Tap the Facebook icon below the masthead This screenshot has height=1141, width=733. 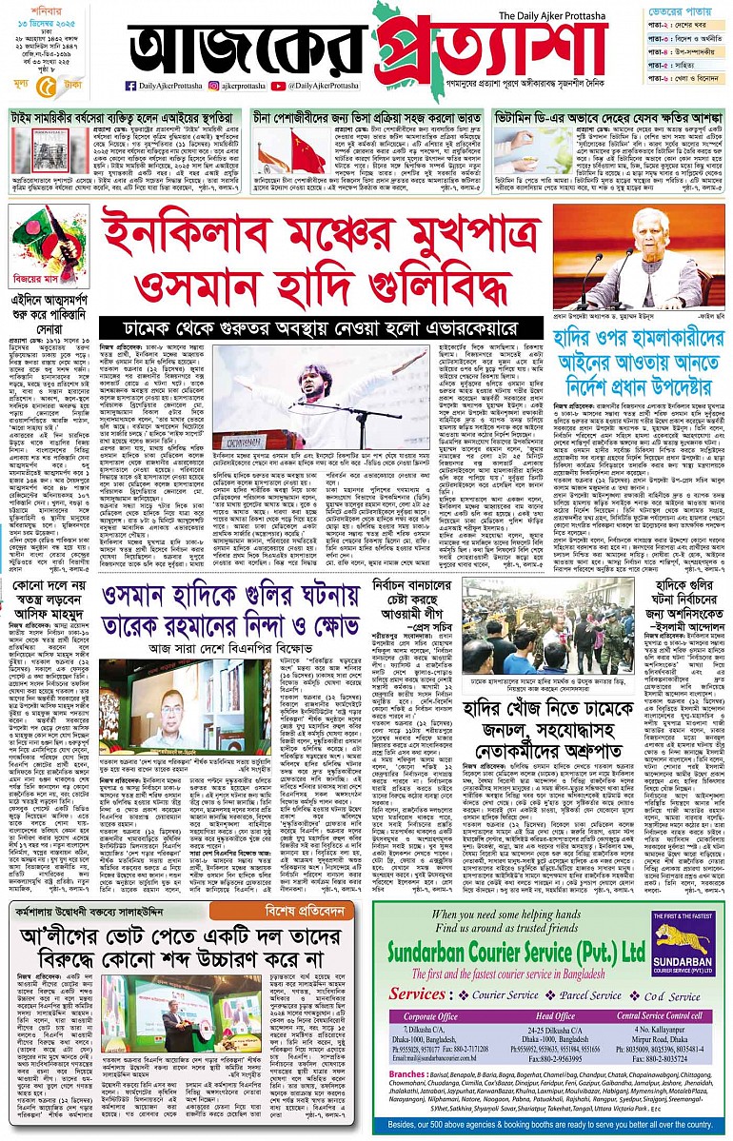[x=130, y=86]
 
